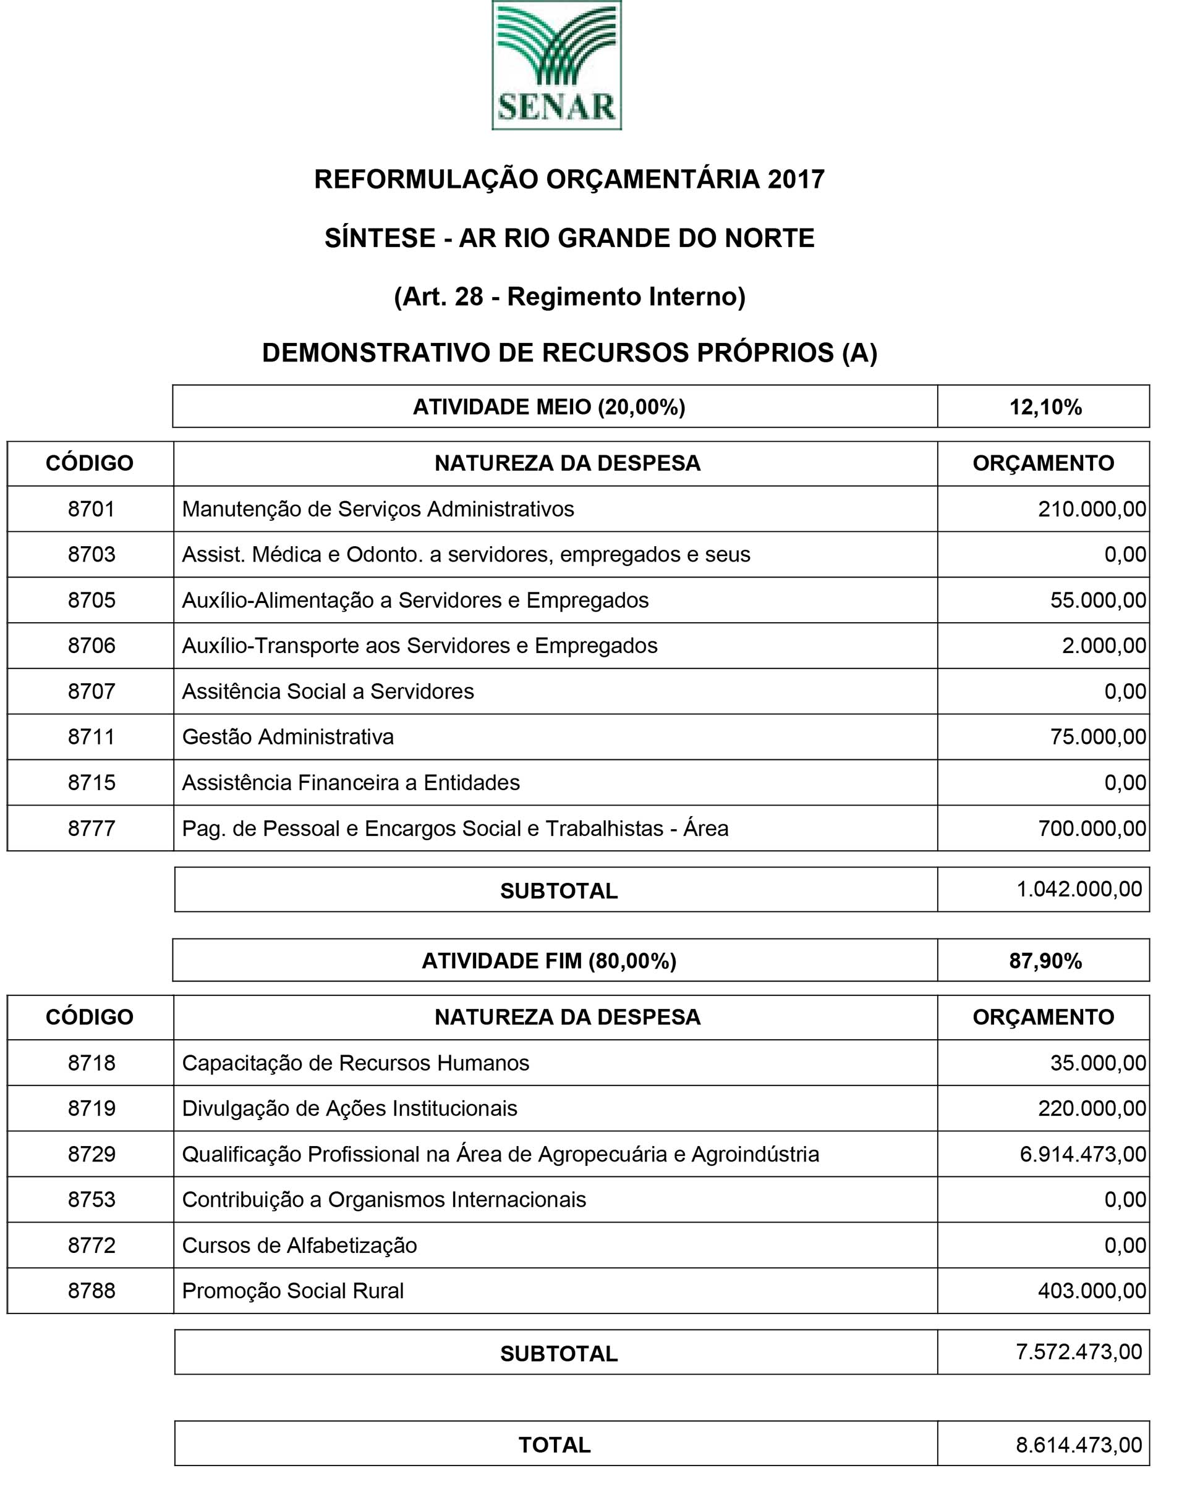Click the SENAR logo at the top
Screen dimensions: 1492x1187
(x=556, y=65)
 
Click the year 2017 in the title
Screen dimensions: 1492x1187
(x=796, y=179)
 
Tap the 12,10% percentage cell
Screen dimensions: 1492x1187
(x=1045, y=407)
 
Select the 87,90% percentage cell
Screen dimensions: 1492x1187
(x=1045, y=961)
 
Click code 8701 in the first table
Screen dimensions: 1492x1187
(x=91, y=509)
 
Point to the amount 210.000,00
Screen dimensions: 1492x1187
(x=1091, y=509)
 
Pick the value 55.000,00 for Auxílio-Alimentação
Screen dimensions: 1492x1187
(x=1097, y=600)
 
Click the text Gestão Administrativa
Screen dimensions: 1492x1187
(x=287, y=736)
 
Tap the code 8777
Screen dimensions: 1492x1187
(x=91, y=828)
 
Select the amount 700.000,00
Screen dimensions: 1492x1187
(x=1091, y=828)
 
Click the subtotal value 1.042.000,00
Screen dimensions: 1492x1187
(x=1079, y=889)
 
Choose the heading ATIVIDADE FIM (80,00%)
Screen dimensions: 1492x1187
(x=548, y=961)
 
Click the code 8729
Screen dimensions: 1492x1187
(x=91, y=1154)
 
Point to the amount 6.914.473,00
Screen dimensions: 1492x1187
(x=1083, y=1154)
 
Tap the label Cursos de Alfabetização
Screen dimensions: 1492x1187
(x=299, y=1245)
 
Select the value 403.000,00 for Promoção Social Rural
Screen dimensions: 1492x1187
(x=1091, y=1291)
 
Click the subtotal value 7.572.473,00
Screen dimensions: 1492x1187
(x=1079, y=1352)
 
